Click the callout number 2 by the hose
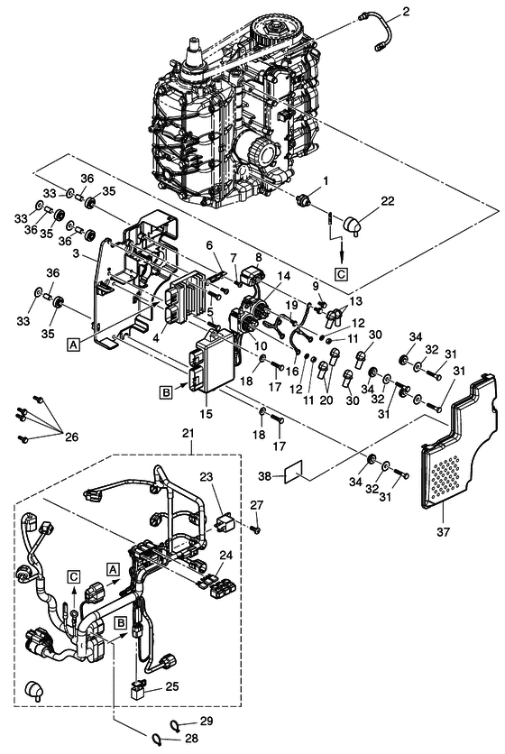pyautogui.click(x=406, y=12)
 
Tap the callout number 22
pyautogui.click(x=388, y=201)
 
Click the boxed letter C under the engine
pyautogui.click(x=341, y=274)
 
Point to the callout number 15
pyautogui.click(x=206, y=414)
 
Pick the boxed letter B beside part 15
pyautogui.click(x=166, y=392)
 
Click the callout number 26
pyautogui.click(x=71, y=437)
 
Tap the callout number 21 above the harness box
pyautogui.click(x=188, y=433)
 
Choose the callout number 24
pyautogui.click(x=225, y=556)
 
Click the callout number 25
pyautogui.click(x=172, y=686)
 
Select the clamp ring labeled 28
pyautogui.click(x=156, y=738)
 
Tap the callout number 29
pyautogui.click(x=207, y=721)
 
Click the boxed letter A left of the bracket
pyautogui.click(x=73, y=345)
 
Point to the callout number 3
pyautogui.click(x=76, y=253)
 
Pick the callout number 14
pyautogui.click(x=284, y=276)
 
